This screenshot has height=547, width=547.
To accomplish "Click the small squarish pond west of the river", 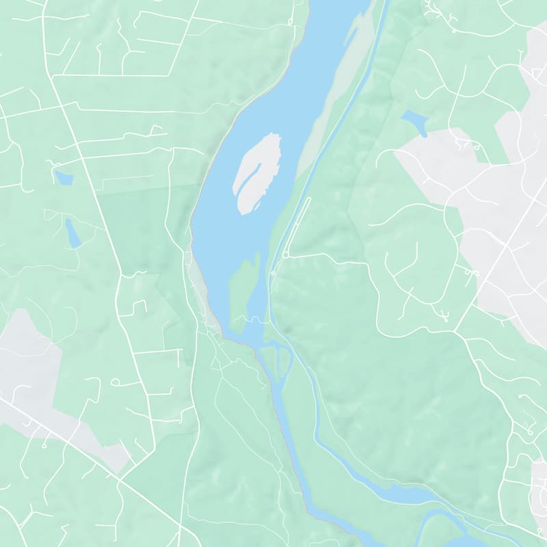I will pos(64,178).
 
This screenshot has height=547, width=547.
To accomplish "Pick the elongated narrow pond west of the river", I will pos(72,233).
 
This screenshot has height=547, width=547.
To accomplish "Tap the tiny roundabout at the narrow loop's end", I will pos(285,255).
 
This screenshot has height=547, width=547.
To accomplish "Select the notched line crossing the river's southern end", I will pos(250,320).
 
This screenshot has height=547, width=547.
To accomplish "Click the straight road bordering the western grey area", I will pos(68,438).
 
